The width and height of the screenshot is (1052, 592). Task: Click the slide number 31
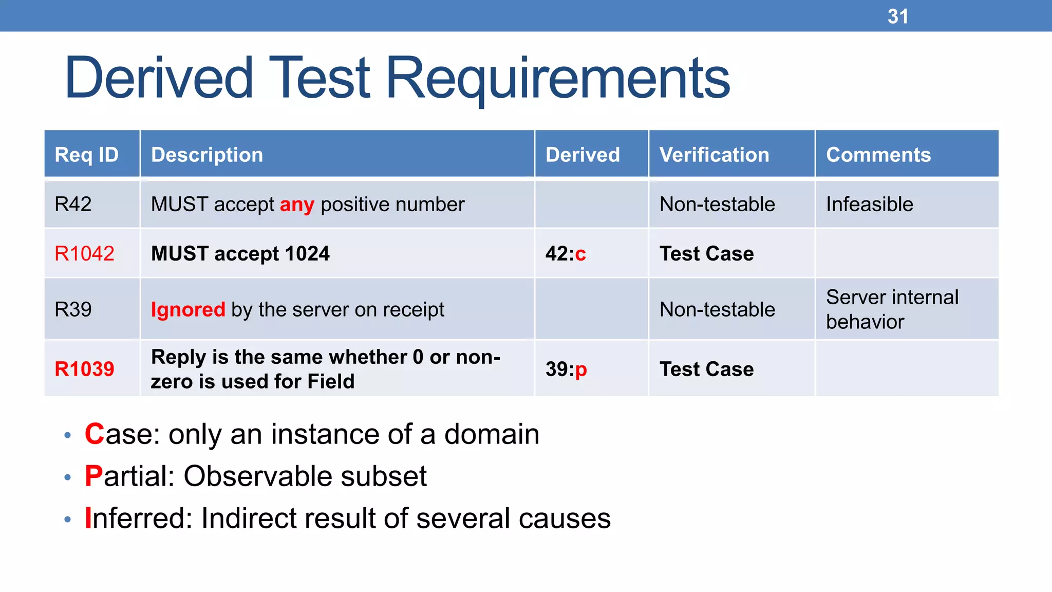pos(897,16)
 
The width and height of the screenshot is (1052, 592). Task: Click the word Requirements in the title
pos(557,78)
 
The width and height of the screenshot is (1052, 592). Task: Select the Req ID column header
pos(86,155)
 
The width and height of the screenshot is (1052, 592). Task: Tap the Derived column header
pos(583,155)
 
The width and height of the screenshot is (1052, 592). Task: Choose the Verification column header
pos(714,155)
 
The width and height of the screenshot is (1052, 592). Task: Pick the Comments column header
pos(878,155)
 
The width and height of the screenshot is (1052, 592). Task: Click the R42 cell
pos(73,205)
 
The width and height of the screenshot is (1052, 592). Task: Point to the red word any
pos(296,205)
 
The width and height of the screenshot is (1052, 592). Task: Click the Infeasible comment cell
pos(869,205)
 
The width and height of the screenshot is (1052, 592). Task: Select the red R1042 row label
pos(84,253)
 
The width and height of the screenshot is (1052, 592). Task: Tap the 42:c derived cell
pos(565,253)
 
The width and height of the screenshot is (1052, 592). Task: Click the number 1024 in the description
pos(307,253)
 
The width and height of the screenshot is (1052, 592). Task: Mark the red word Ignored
pos(187,309)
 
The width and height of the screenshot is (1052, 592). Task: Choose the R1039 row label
pos(84,369)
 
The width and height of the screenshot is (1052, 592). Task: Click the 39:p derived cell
pos(566,369)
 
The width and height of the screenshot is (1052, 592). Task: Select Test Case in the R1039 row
pos(706,369)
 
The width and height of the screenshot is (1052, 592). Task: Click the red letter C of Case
pos(95,434)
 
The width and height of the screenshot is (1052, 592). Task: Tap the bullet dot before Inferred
pos(67,520)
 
